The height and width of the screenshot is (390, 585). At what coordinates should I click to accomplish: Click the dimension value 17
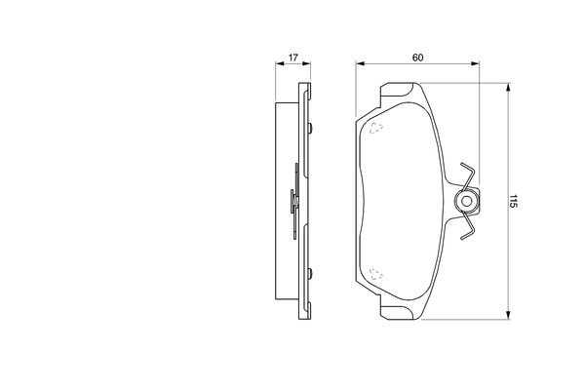point(293,58)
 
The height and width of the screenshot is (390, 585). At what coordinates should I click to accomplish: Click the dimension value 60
point(417,58)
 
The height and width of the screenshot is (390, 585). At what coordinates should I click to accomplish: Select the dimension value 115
point(514,201)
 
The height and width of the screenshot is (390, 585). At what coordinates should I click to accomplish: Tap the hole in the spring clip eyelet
point(466,201)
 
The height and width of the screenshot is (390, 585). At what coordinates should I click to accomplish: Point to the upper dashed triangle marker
point(376,128)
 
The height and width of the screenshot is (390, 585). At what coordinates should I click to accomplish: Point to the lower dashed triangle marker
point(376,274)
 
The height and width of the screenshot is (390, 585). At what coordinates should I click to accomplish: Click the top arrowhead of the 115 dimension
point(507,87)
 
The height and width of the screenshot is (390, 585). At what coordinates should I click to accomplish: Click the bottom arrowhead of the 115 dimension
point(507,315)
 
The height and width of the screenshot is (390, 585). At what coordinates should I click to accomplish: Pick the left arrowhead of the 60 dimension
point(360,63)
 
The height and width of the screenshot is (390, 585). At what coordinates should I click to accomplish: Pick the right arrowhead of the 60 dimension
point(475,63)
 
